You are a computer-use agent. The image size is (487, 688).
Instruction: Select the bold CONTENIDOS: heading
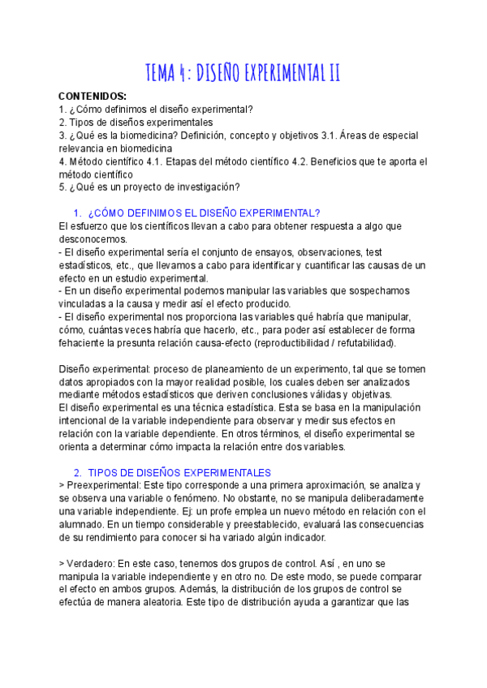coord(93,96)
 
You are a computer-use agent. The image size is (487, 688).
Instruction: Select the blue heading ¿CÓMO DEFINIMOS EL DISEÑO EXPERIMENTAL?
coord(203,213)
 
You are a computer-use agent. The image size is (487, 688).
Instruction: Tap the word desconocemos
coord(93,239)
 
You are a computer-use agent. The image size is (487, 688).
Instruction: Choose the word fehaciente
coord(85,343)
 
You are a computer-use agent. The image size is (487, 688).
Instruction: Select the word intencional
coord(88,421)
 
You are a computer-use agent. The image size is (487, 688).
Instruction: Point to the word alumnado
coord(84,524)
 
